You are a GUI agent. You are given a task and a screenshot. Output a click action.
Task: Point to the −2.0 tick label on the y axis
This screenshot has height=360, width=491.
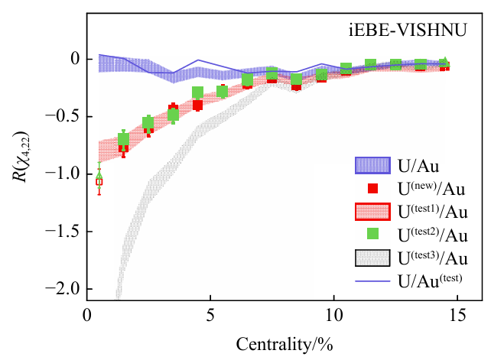(x=60, y=289)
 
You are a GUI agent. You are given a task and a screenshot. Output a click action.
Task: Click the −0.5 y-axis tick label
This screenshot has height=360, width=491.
(x=60, y=117)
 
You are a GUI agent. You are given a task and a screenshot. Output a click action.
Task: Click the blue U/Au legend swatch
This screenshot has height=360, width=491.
(x=372, y=165)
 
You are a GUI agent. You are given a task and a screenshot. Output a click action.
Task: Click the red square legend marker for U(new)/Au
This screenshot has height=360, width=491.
(x=372, y=188)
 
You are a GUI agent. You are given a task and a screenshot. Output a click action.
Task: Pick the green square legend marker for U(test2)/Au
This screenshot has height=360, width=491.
(x=372, y=234)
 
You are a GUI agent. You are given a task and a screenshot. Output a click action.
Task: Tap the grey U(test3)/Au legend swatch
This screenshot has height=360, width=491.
(x=372, y=258)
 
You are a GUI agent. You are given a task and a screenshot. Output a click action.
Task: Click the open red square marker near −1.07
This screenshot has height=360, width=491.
(x=99, y=182)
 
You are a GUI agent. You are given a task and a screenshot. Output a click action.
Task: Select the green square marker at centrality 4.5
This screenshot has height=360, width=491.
(x=198, y=93)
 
